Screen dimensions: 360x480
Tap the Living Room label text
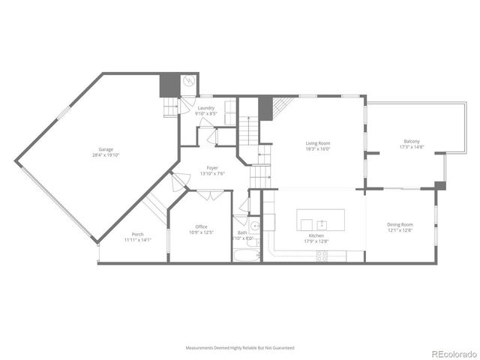pyautogui.click(x=317, y=143)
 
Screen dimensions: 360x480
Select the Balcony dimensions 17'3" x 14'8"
pyautogui.click(x=411, y=147)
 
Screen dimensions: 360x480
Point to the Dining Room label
pyautogui.click(x=400, y=224)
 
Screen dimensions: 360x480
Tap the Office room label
pyautogui.click(x=201, y=226)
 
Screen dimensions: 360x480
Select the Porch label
pyautogui.click(x=137, y=234)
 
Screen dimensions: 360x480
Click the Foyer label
pyautogui.click(x=212, y=168)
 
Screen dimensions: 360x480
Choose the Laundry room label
pyautogui.click(x=206, y=108)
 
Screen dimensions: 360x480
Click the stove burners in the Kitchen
pyautogui.click(x=322, y=254)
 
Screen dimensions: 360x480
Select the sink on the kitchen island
pyautogui.click(x=322, y=223)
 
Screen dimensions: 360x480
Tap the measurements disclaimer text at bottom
pyautogui.click(x=240, y=348)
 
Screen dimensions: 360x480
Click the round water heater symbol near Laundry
pyautogui.click(x=190, y=82)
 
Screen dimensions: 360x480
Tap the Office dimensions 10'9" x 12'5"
pyautogui.click(x=201, y=232)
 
